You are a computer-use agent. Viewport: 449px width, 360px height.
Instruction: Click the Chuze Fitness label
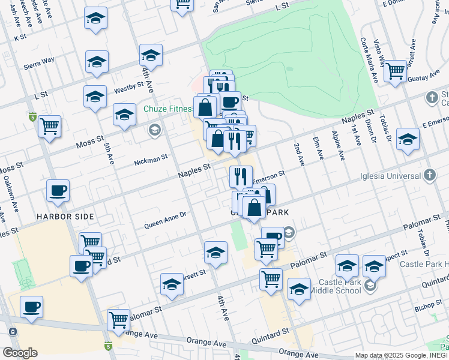pos(169,109)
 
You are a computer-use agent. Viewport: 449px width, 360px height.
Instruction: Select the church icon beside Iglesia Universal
pos(429,175)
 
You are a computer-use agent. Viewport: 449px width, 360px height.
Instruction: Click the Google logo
pos(19,352)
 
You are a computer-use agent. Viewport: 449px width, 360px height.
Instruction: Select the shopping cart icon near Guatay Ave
pos(396,71)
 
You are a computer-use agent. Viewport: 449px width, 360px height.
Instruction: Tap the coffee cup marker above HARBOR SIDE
pos(58,191)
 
